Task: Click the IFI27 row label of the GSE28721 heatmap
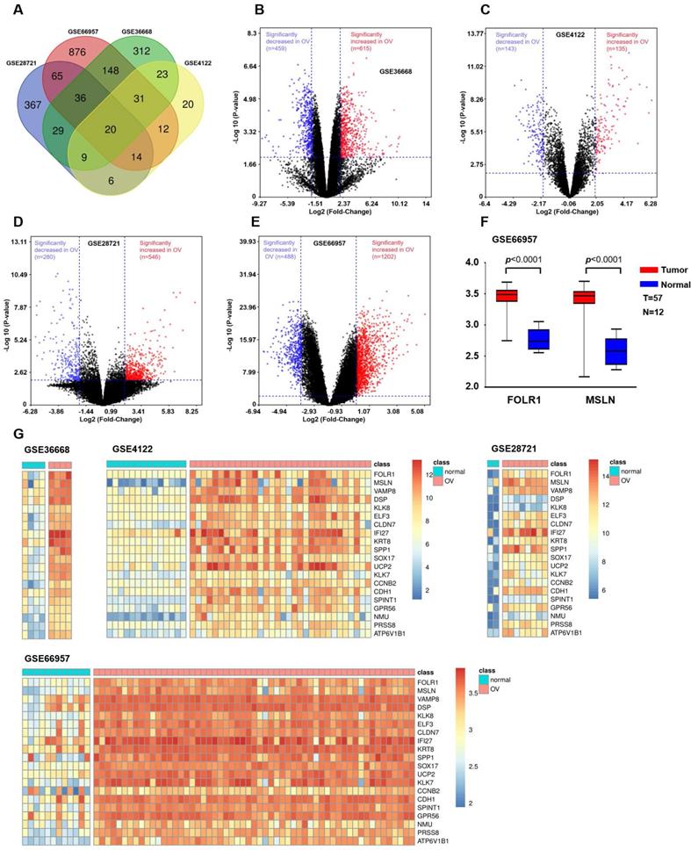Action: click(x=586, y=533)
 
